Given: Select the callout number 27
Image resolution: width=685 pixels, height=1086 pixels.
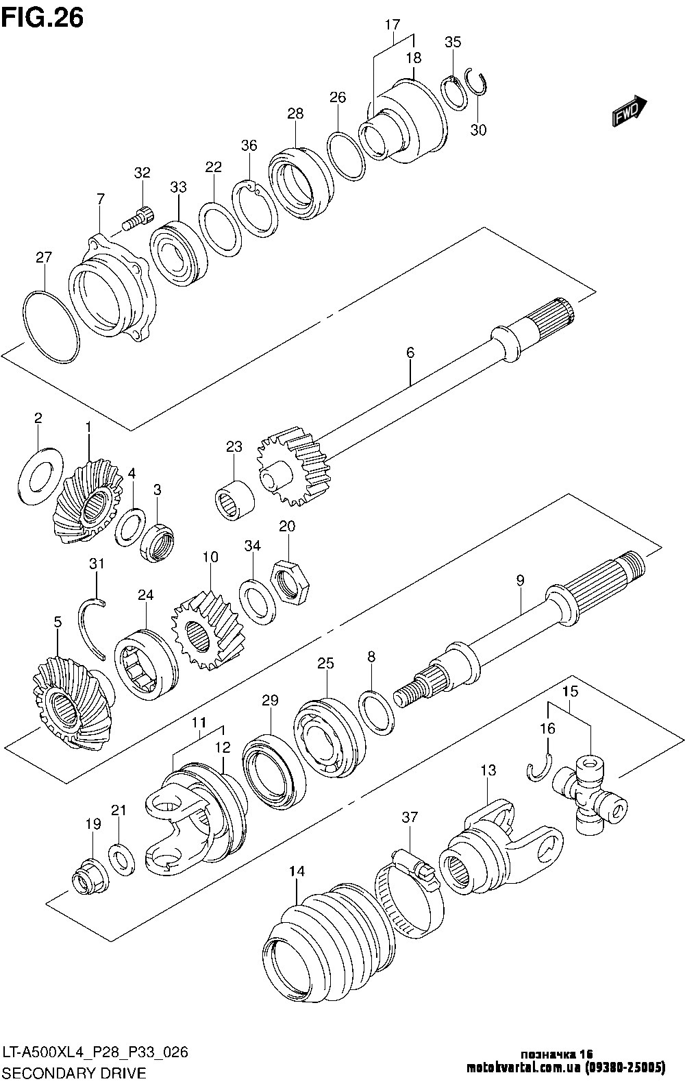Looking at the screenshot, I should (x=44, y=258).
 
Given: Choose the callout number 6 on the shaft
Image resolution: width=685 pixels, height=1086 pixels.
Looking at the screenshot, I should (x=410, y=353).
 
